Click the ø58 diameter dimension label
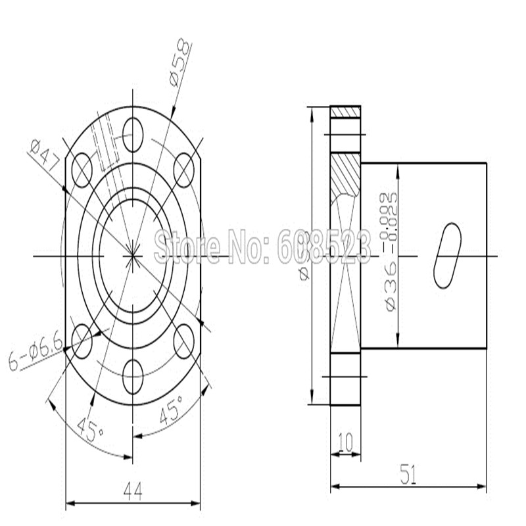tap(180, 63)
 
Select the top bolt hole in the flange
tap(133, 134)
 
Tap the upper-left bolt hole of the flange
tap(83, 171)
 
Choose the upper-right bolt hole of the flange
tap(185, 171)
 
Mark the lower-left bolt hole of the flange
tap(83, 340)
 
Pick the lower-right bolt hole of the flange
tap(185, 340)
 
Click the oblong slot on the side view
tap(447, 255)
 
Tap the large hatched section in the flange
tap(345, 175)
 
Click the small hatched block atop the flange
tap(345, 112)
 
